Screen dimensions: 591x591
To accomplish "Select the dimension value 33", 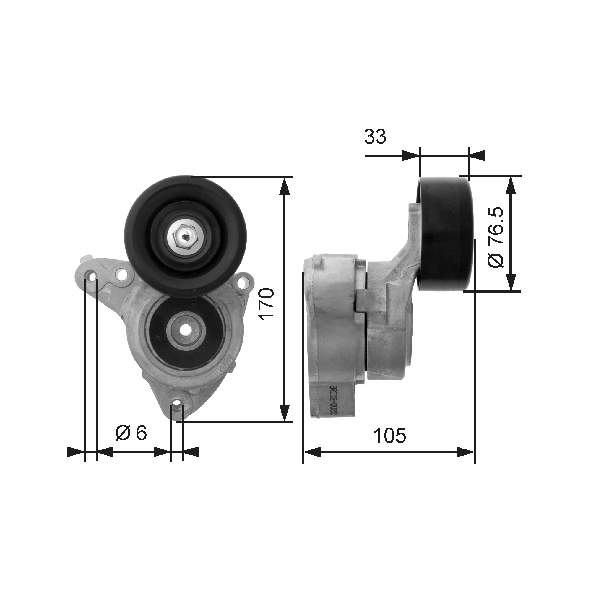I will click(375, 137).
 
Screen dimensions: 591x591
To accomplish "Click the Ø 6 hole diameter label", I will click(131, 433).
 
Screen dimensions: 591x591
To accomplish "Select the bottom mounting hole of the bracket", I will click(176, 406).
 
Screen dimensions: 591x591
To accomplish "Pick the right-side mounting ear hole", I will click(243, 282).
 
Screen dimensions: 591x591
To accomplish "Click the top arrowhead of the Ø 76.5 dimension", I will click(511, 185).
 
